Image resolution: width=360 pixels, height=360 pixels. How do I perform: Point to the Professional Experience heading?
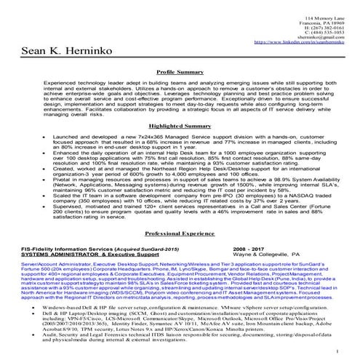tap(180, 234)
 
